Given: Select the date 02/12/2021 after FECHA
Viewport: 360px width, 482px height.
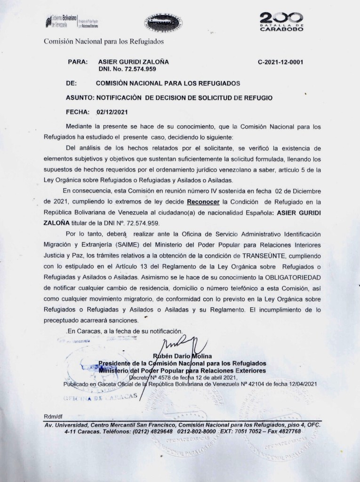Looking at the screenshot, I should pos(110,112).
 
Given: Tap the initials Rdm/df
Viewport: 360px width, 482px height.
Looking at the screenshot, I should pos(52,417).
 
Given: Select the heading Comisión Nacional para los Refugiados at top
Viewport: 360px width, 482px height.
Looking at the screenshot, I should pos(104,41).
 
